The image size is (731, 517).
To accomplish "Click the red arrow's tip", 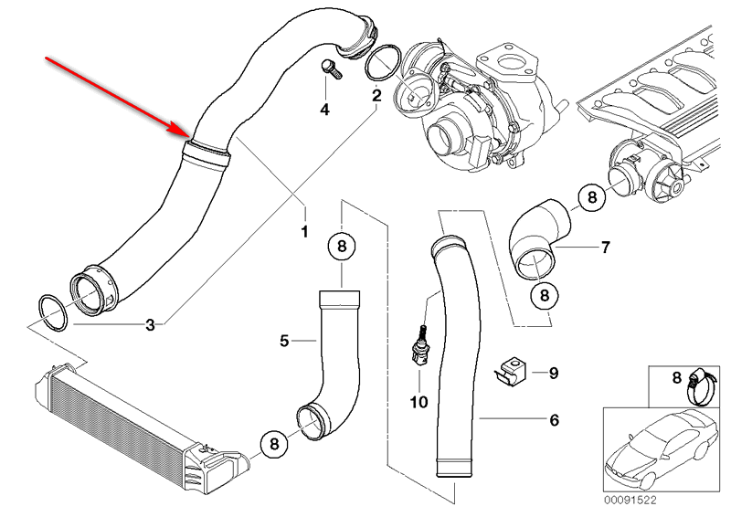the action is [x=188, y=136].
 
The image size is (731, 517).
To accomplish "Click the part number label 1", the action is [x=304, y=231].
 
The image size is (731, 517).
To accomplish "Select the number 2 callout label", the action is [x=376, y=96].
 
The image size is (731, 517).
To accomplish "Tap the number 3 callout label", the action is [x=150, y=325].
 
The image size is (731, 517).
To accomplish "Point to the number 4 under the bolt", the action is [x=324, y=110].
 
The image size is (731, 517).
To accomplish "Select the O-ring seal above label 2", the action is [x=383, y=62].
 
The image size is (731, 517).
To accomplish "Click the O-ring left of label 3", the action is [x=52, y=312].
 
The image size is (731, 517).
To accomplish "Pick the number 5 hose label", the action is [x=284, y=341].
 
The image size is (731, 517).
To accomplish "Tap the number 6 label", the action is [x=554, y=420].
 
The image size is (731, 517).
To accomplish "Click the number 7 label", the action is [x=605, y=247].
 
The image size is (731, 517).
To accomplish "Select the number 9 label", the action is [x=554, y=373].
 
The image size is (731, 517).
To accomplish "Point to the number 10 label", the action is [x=418, y=402].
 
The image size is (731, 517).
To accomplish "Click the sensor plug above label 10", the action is [x=420, y=346].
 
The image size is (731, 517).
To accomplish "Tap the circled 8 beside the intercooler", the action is [x=274, y=443].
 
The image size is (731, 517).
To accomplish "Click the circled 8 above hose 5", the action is [x=342, y=246].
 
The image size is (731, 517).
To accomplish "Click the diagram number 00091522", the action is [x=630, y=501].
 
